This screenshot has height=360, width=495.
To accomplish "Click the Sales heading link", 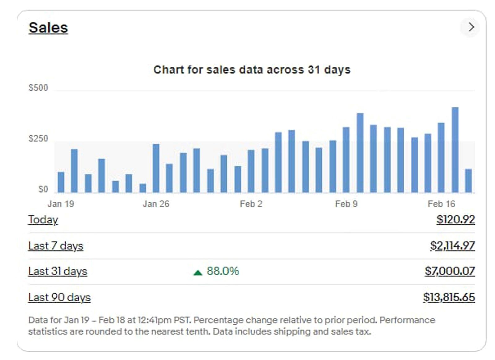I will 48,28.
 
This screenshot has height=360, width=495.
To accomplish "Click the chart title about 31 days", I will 252,70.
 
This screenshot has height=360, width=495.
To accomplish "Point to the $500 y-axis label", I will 38,88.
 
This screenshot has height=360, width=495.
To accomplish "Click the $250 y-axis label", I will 38,139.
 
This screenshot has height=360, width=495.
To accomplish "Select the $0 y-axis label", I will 43,189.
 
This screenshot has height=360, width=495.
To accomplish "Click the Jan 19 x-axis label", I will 61,204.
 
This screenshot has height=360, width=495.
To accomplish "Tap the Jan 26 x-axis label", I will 156,204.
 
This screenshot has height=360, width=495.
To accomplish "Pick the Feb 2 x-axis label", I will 251,204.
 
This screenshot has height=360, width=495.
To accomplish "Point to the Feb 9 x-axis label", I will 346,204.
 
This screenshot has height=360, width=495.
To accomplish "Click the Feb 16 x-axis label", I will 441,204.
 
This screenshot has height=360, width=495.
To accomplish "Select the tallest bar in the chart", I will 455,150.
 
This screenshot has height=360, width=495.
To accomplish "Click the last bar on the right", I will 468,181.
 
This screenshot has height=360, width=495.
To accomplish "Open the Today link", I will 43,220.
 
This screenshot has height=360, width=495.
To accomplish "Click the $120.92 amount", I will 455,220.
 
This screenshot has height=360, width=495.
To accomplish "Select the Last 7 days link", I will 56,246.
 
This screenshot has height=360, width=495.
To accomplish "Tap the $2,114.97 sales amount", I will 452,246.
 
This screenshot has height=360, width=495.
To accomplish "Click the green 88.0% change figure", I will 222,271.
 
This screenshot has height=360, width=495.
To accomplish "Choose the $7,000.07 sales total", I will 450,271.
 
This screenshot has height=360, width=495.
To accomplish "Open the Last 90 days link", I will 59,297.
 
